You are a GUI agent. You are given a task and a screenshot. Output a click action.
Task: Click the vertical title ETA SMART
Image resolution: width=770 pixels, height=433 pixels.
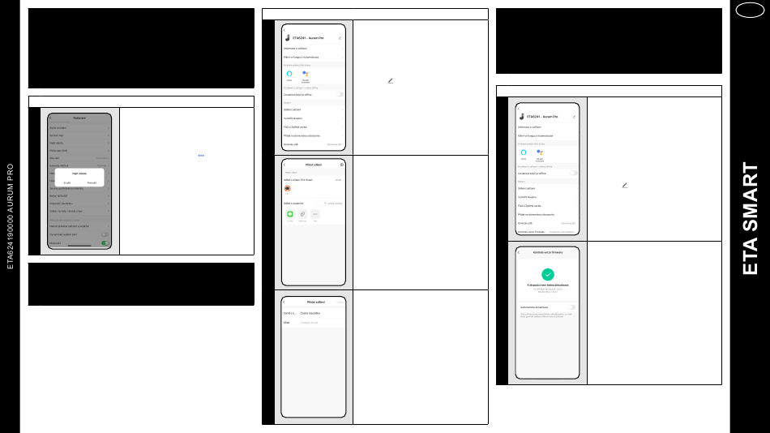pyautogui.click(x=750, y=219)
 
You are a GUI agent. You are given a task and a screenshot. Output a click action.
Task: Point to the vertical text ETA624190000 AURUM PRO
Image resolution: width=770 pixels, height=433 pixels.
pyautogui.click(x=11, y=216)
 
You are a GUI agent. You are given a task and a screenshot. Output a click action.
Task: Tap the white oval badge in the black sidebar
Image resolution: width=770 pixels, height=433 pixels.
pyautogui.click(x=750, y=11)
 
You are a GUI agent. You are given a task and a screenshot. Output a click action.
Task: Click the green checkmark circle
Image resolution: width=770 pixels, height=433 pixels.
pyautogui.click(x=548, y=275)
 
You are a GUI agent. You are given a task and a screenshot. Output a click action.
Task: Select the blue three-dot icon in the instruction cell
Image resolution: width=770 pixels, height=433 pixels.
pyautogui.click(x=200, y=155)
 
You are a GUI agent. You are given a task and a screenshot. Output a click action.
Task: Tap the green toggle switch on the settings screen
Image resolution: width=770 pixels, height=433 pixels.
pyautogui.click(x=105, y=242)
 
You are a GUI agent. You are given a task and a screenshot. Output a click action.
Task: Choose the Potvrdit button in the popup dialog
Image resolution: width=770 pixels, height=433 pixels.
pyautogui.click(x=92, y=182)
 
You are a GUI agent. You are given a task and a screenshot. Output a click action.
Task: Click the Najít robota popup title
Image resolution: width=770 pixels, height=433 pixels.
pyautogui.click(x=79, y=174)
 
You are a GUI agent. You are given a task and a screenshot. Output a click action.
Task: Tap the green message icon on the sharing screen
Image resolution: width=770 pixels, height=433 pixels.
pyautogui.click(x=289, y=213)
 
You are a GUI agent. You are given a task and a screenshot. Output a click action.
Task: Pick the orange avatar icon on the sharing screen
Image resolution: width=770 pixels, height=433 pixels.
pyautogui.click(x=288, y=188)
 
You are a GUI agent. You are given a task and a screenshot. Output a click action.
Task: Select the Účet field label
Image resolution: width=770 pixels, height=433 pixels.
pyautogui.click(x=286, y=322)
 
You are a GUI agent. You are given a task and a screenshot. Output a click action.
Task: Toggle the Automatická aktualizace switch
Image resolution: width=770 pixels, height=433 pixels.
pyautogui.click(x=571, y=307)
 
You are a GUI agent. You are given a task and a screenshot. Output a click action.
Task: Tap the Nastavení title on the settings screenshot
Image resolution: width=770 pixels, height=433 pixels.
pyautogui.click(x=79, y=118)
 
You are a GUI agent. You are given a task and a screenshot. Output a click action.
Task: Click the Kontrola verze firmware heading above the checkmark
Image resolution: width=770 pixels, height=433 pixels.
pyautogui.click(x=548, y=254)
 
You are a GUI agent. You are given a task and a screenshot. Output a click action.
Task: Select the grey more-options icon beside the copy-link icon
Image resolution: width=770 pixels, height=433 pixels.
pyautogui.click(x=315, y=213)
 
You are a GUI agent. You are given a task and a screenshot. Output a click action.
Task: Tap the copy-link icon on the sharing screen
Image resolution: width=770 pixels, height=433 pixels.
pyautogui.click(x=302, y=213)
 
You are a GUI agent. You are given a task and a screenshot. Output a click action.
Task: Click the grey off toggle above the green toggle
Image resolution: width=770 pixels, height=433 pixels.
pyautogui.click(x=105, y=234)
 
